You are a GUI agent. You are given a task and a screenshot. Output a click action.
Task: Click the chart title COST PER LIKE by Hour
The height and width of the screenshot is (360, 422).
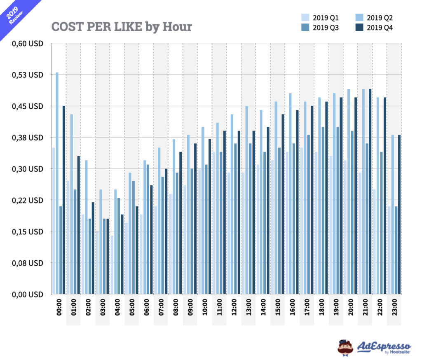click(x=122, y=27)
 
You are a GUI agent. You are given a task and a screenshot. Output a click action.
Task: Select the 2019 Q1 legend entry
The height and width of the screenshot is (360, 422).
click(x=320, y=18)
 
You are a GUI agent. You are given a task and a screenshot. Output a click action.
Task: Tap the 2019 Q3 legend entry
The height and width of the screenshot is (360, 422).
click(x=320, y=28)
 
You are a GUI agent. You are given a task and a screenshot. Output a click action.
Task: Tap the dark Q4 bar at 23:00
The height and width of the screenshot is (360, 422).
click(x=399, y=215)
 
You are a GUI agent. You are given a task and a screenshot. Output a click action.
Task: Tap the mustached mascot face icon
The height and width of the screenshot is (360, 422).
click(x=345, y=347)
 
